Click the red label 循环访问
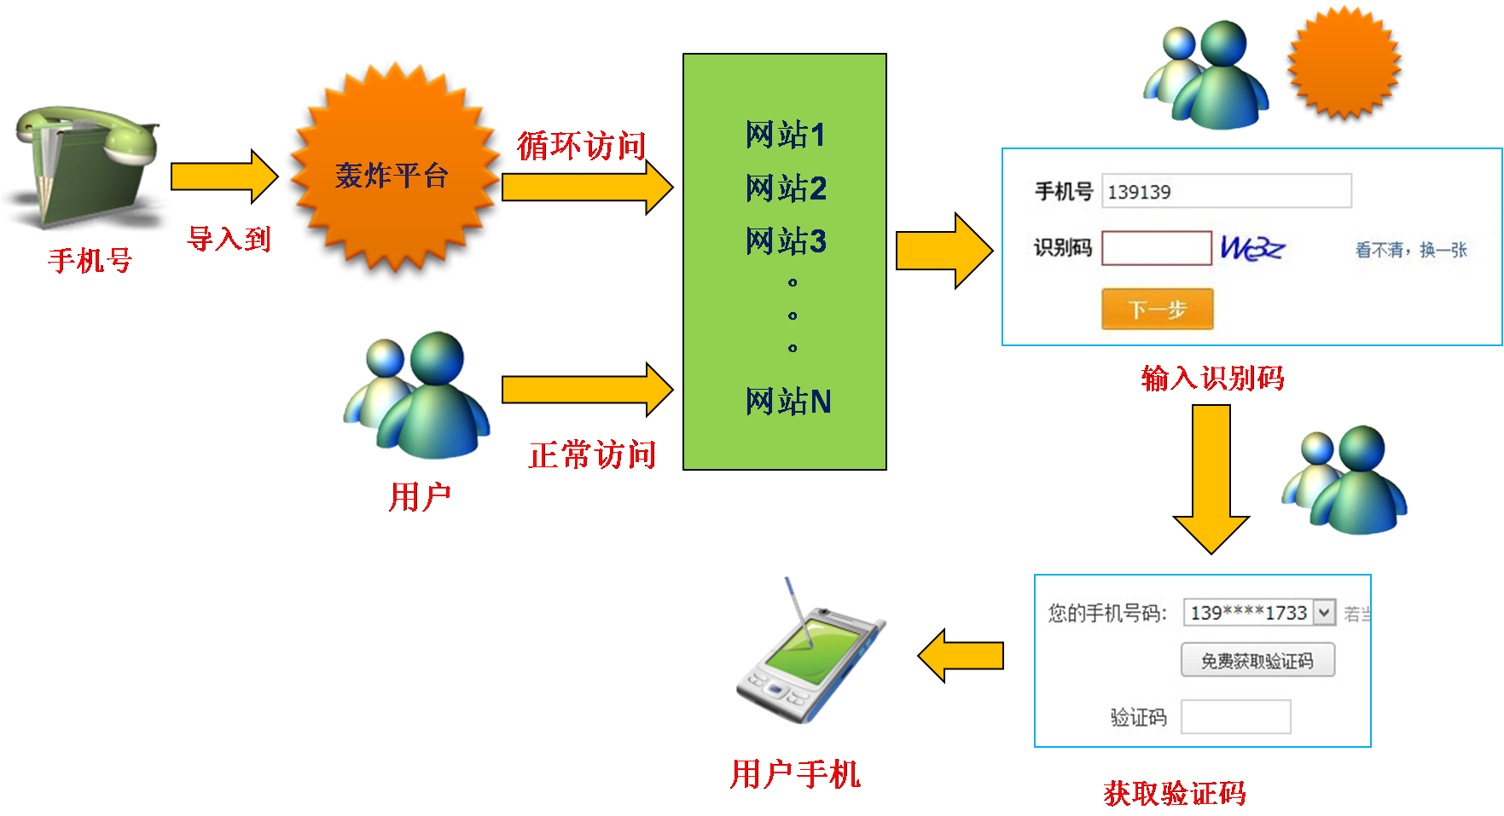tap(581, 146)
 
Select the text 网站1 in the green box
tap(785, 135)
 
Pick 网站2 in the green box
tap(785, 188)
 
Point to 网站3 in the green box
tap(785, 241)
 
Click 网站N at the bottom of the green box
tap(787, 402)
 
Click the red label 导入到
tap(229, 239)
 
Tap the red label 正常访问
tap(592, 454)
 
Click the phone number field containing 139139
tap(1226, 191)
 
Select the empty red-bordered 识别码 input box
tap(1156, 248)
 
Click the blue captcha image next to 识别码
tap(1251, 248)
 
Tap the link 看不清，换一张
tap(1411, 250)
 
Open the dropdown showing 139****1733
tap(1323, 612)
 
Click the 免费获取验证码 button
tap(1257, 661)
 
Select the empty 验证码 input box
tap(1235, 717)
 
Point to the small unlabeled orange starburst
tap(1344, 63)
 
